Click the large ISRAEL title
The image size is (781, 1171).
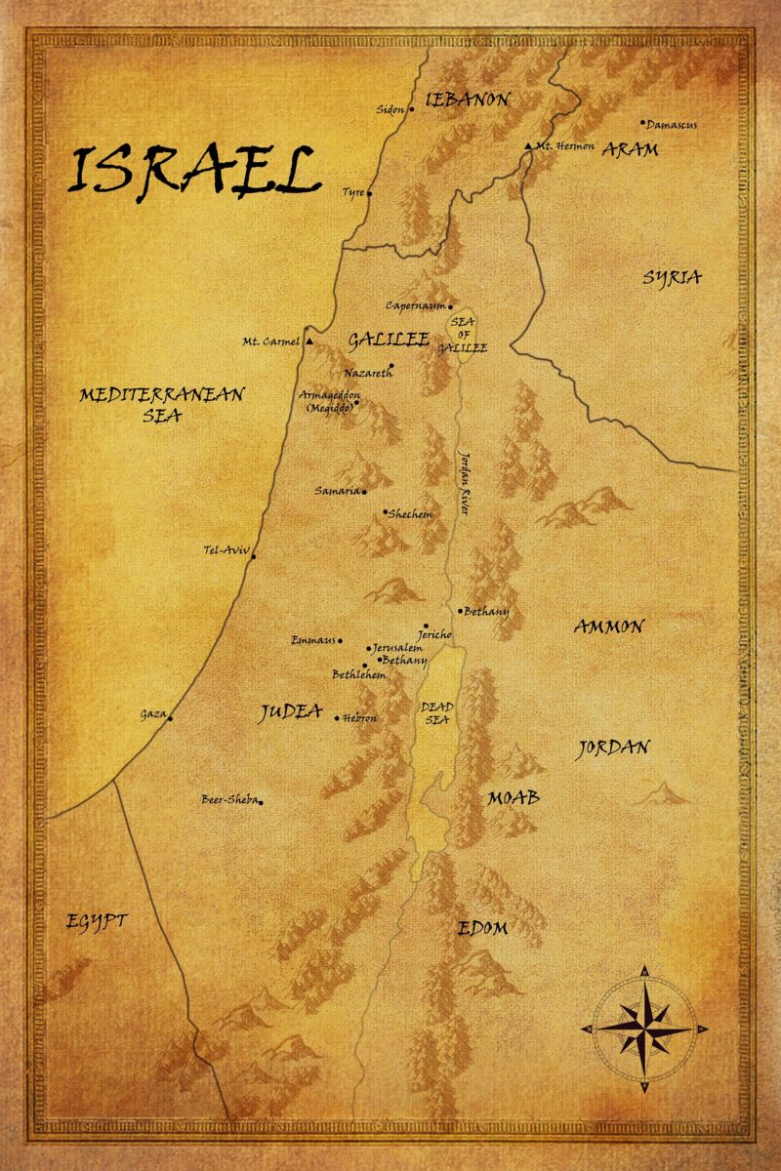pos(193,171)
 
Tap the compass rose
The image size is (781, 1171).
pos(644,1028)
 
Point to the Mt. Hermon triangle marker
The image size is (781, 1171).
pos(528,146)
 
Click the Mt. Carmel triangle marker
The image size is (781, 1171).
pos(309,342)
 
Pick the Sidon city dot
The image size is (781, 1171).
pos(411,109)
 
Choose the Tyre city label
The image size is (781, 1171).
pos(352,193)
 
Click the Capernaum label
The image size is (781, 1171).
pos(415,305)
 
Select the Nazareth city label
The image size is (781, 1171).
pos(367,373)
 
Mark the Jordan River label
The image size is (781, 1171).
pos(465,482)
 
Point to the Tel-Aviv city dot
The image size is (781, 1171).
pos(253,556)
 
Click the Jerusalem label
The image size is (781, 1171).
pos(397,648)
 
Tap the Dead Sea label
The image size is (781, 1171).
pos(435,712)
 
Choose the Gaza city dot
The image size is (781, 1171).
pos(170,719)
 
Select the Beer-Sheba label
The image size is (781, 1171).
pos(228,800)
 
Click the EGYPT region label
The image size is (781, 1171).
pos(97,921)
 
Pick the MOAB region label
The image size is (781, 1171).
pos(514,797)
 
